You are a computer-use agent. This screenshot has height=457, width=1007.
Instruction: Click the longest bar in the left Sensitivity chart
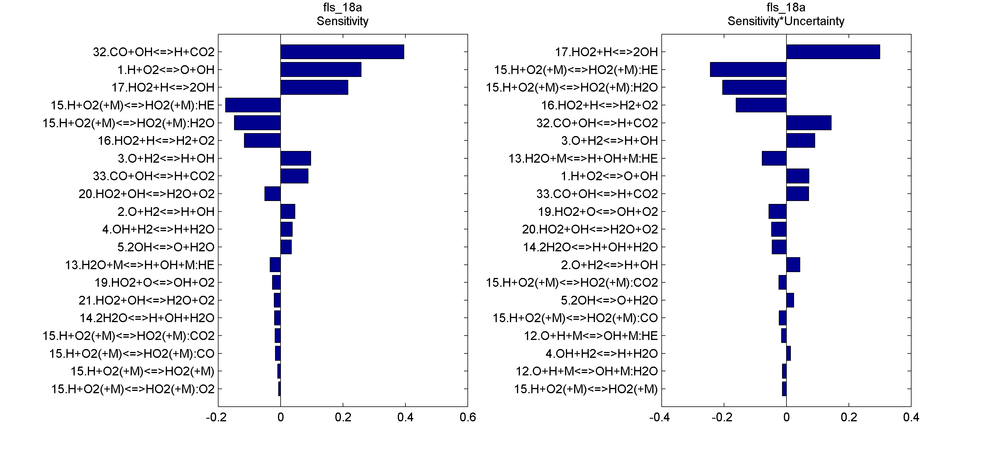pos(342,52)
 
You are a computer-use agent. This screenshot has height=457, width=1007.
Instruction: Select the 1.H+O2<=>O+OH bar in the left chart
pos(320,70)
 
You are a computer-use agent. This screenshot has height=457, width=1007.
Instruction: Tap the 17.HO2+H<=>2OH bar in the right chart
pos(833,52)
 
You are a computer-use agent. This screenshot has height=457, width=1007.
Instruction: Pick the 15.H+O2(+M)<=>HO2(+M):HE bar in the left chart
pos(253,105)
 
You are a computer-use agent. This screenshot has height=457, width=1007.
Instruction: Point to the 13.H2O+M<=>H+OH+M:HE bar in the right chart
pos(774,158)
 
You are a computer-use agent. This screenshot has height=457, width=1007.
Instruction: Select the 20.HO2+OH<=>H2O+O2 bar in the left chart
pos(272,194)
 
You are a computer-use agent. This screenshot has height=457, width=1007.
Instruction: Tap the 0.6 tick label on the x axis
pos(467,418)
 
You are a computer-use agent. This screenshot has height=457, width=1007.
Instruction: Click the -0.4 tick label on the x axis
pos(660,418)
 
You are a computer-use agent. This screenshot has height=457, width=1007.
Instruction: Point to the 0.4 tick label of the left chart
pos(405,418)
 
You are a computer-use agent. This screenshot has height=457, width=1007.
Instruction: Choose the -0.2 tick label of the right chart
pos(722,418)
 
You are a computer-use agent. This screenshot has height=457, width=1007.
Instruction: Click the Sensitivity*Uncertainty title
pos(786,21)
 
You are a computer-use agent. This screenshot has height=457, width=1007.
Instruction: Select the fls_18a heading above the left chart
pos(342,7)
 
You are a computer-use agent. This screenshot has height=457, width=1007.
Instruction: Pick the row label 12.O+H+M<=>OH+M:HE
pos(591,336)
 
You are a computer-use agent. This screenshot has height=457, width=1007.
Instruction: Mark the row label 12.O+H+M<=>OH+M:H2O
pos(587,371)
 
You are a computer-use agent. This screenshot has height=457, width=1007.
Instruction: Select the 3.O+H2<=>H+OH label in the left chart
pos(166,158)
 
